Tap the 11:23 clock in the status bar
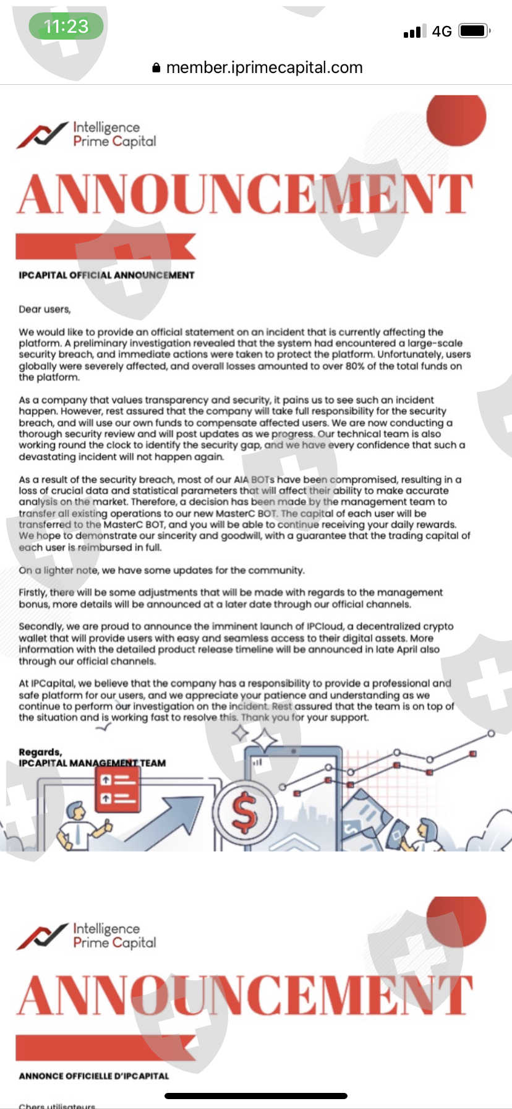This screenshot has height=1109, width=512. [x=66, y=26]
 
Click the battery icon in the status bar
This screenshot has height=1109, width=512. [x=474, y=31]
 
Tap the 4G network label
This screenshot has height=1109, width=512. [x=442, y=32]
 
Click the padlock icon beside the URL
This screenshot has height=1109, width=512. [x=156, y=68]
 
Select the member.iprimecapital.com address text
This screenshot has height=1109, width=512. [x=264, y=67]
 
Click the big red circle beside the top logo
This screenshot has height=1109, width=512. [x=456, y=118]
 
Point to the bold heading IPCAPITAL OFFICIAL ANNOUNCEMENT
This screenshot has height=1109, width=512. [x=106, y=275]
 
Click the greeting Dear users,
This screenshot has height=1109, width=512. [x=45, y=309]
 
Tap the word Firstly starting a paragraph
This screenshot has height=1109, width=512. [x=33, y=592]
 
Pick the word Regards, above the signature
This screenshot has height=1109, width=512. [x=40, y=752]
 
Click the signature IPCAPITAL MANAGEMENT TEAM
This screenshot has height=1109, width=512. [x=92, y=763]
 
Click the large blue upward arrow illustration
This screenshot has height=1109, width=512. [x=167, y=816]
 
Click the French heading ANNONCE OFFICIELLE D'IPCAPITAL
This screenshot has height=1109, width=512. [x=94, y=1076]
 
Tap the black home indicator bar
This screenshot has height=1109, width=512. [x=255, y=1096]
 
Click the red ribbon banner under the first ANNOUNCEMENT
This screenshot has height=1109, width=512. [x=105, y=246]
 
